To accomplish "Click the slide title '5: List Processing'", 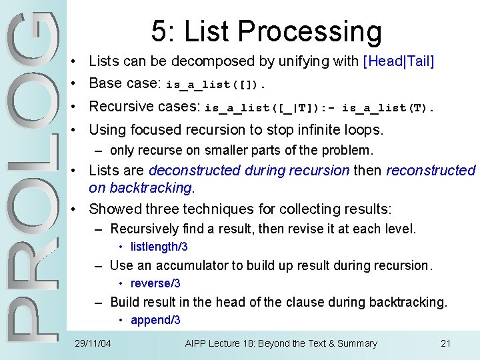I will click(266, 31).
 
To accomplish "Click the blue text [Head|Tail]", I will click(398, 61).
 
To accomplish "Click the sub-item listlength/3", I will click(159, 247).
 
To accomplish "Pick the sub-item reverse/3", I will click(155, 284).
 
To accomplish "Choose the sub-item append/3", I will click(155, 321).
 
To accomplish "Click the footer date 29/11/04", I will click(93, 344).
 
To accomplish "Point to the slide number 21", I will click(446, 344).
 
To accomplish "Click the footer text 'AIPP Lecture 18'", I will click(219, 344).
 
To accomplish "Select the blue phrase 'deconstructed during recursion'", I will click(249, 171).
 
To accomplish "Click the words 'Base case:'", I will click(125, 83).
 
